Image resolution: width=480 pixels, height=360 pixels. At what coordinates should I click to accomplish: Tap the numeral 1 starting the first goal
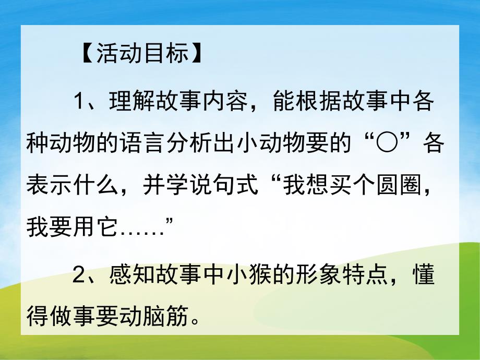pos(79,101)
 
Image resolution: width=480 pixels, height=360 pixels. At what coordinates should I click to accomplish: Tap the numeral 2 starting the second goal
pos(79,275)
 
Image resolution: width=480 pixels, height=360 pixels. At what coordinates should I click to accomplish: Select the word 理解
pos(131,101)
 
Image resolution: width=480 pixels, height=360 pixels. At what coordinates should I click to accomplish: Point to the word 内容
pos(225,101)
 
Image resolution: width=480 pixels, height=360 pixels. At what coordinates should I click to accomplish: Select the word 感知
pos(131,275)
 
